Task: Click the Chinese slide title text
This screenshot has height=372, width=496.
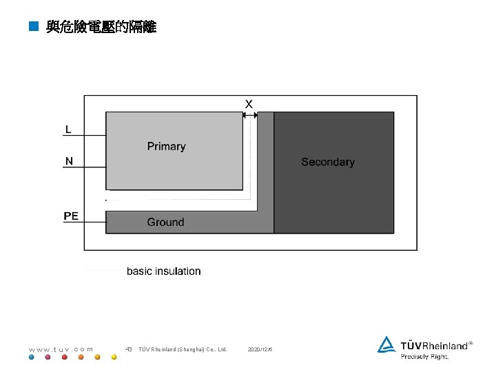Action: click(x=101, y=28)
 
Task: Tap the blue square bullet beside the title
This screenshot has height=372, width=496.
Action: click(x=32, y=28)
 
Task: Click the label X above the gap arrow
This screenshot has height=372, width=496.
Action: click(x=249, y=104)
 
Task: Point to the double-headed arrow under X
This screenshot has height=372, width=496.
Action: click(x=250, y=116)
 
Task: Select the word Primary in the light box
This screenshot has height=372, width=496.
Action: click(x=166, y=146)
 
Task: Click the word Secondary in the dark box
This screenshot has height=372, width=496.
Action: click(x=328, y=162)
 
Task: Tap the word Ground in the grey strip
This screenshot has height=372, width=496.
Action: click(x=165, y=222)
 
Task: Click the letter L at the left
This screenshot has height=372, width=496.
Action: click(x=68, y=129)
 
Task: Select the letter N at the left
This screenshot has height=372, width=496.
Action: click(x=69, y=161)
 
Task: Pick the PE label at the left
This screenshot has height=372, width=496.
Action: click(x=71, y=216)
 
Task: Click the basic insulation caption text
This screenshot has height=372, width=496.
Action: click(x=164, y=271)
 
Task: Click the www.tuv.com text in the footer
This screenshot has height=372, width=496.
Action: click(x=61, y=349)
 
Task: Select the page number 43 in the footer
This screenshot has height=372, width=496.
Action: click(x=129, y=349)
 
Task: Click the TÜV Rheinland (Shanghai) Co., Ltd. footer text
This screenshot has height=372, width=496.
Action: click(x=183, y=349)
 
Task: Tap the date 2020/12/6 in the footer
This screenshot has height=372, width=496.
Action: click(x=260, y=349)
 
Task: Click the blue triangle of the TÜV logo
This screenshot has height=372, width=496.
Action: click(x=386, y=344)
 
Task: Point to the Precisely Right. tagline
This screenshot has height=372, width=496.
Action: click(x=425, y=357)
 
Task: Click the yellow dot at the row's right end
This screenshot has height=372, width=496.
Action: click(x=114, y=358)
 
